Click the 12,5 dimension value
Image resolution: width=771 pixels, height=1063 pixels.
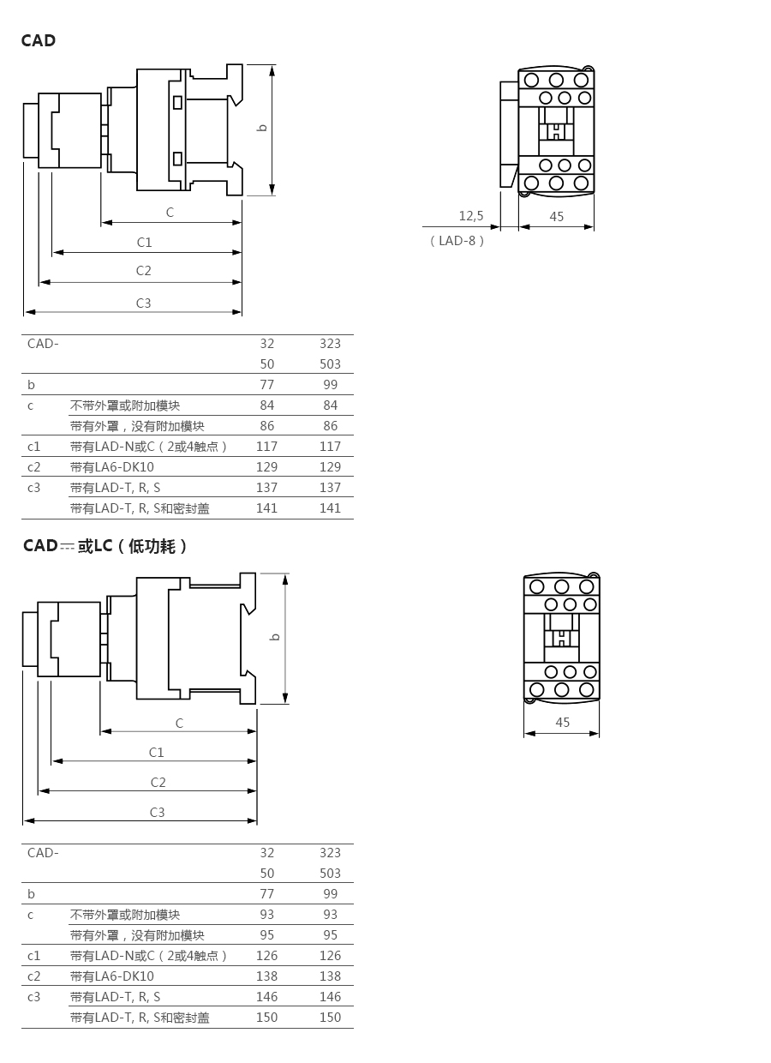click(x=471, y=216)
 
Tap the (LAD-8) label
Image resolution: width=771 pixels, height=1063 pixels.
click(x=457, y=241)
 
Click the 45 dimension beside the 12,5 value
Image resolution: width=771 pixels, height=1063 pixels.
click(x=557, y=217)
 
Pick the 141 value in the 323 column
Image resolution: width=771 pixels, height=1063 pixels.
click(x=330, y=508)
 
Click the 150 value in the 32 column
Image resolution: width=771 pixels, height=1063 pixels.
click(x=267, y=1018)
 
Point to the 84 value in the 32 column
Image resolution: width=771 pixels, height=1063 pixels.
click(x=267, y=405)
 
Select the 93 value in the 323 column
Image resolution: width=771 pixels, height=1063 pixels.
click(x=330, y=915)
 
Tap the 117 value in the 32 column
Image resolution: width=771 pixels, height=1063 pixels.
click(x=267, y=447)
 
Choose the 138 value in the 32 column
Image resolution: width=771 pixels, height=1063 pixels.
click(x=267, y=976)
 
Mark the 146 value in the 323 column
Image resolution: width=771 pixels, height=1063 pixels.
click(x=330, y=997)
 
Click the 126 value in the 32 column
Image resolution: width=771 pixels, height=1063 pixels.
click(x=267, y=956)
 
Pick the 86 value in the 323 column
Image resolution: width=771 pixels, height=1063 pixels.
click(x=330, y=426)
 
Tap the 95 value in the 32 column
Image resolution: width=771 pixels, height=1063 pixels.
click(x=267, y=935)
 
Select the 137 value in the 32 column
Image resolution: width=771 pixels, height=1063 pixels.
click(x=267, y=488)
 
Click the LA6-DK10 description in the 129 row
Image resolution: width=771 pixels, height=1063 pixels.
click(x=112, y=467)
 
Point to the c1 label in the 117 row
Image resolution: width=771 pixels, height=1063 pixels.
click(x=34, y=447)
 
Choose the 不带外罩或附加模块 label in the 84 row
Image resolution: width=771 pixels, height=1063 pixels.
click(x=125, y=405)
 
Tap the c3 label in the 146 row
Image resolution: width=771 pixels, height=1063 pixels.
click(x=34, y=997)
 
